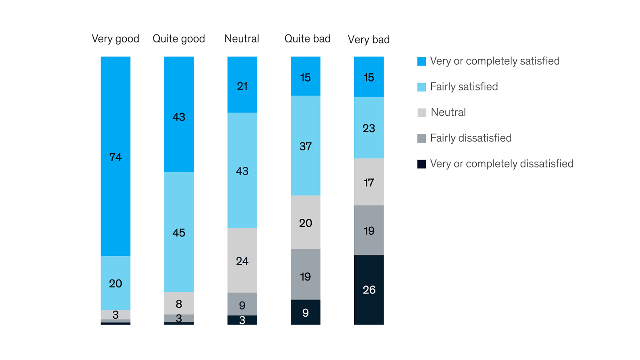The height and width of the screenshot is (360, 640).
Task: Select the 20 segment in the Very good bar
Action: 115,283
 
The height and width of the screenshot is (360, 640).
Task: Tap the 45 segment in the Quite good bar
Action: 179,232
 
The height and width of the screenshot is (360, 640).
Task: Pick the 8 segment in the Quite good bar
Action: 179,303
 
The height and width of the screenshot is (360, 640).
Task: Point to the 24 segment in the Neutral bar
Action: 242,260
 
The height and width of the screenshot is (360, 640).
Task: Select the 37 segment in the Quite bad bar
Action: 305,146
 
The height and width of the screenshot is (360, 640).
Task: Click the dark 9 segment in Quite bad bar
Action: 305,312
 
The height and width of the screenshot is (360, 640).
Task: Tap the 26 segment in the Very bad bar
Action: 369,290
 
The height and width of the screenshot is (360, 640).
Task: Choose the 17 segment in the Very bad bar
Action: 369,182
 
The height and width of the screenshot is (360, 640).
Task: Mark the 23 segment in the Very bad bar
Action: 369,128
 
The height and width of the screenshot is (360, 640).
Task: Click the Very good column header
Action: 115,39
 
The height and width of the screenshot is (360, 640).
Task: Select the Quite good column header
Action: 179,39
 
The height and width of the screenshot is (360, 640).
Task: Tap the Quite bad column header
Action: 307,39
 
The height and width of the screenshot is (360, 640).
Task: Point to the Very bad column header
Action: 369,40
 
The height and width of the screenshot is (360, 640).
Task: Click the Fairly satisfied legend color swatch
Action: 422,87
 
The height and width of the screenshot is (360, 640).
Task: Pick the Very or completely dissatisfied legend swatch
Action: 422,164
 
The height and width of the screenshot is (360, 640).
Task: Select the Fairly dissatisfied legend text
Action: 471,138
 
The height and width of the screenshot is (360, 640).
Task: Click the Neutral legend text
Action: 448,112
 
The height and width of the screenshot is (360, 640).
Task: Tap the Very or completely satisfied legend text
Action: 495,61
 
